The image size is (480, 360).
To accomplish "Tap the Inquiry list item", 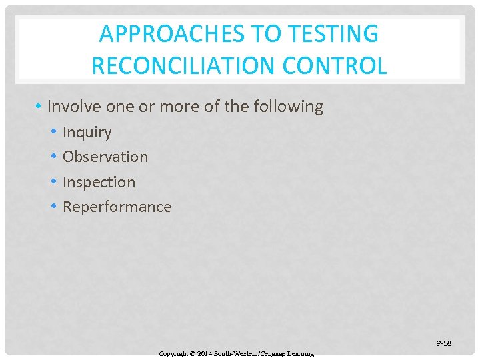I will coord(87,132).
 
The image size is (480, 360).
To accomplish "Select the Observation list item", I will coord(105,157).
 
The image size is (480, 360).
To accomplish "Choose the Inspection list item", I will coord(99,182).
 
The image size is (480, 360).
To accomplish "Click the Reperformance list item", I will coord(117,207).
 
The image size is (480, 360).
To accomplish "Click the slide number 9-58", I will coord(444,343).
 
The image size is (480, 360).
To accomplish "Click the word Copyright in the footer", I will coord(175,353).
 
